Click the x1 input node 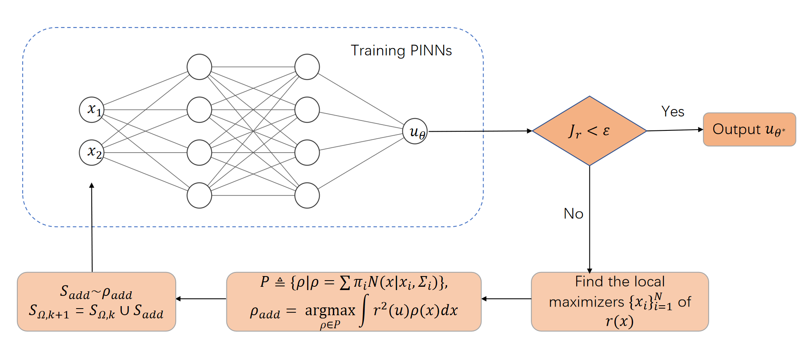92,109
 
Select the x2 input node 92,152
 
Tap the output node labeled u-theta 415,131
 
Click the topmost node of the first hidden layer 199,67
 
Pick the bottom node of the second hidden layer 307,195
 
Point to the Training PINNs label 401,51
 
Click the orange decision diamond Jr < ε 589,131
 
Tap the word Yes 672,111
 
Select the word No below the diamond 573,214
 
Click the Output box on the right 749,130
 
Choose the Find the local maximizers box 619,302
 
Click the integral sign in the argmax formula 364,311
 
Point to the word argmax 330,310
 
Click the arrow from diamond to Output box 675,130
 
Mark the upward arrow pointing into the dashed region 92,226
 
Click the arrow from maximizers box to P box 506,299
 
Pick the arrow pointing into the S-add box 201,299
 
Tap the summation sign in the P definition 345,283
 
